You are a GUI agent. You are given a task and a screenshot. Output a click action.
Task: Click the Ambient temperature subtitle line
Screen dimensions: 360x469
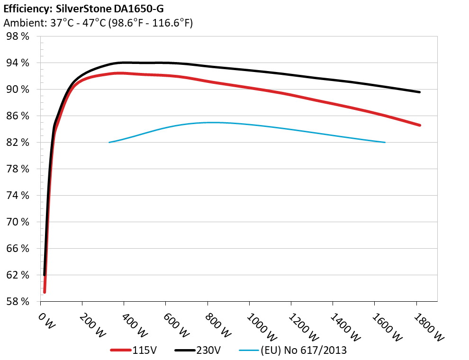98,23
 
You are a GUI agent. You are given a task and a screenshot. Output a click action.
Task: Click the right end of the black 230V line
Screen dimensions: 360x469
420,92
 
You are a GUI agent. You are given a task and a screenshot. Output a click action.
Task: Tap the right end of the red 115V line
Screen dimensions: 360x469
420,125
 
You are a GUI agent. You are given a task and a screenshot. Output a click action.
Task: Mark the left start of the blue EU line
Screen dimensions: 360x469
109,142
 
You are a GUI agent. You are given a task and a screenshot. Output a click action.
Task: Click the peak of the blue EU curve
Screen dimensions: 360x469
211,122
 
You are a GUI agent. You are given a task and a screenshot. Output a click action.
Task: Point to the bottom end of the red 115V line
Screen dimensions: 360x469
45,292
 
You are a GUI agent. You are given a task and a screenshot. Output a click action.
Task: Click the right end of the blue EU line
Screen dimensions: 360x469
385,142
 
